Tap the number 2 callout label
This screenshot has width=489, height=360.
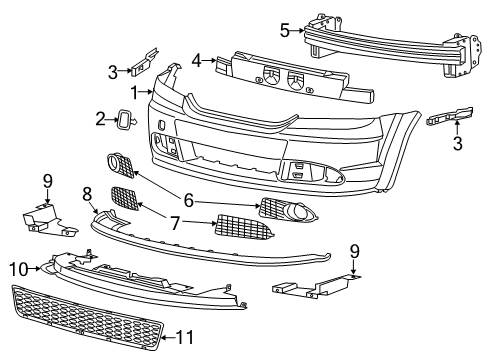[x=101, y=120]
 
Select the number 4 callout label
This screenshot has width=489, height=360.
[x=197, y=59]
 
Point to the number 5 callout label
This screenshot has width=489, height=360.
[x=284, y=30]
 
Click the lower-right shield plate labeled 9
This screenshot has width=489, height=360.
[x=315, y=287]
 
